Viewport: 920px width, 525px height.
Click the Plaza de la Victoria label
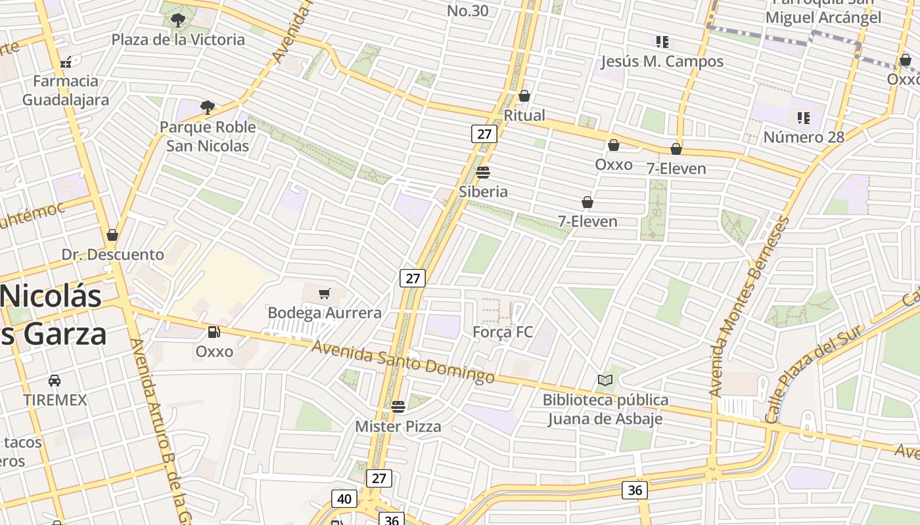coord(178,39)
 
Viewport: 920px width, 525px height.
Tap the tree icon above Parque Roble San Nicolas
coord(208,107)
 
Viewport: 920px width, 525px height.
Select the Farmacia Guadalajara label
coord(66,91)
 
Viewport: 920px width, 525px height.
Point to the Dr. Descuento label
coord(113,255)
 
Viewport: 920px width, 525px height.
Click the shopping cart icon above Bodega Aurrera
coord(324,293)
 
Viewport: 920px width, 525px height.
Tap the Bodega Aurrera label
coord(325,313)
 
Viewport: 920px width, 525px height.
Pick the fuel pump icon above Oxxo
coord(214,332)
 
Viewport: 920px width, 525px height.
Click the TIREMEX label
coord(55,400)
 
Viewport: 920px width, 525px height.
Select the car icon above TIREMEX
coord(55,380)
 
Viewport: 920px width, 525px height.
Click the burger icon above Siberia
coord(483,173)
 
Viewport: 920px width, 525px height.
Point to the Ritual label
coord(524,115)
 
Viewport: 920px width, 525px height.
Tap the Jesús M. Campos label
coord(662,62)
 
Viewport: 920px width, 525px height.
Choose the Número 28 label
coord(803,137)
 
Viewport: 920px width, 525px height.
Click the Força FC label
coord(503,332)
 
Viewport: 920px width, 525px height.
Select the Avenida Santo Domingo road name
coord(403,362)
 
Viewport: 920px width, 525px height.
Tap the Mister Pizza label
coord(398,427)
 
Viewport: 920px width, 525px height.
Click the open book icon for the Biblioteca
coord(605,380)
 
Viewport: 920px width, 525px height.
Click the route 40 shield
coord(344,499)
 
